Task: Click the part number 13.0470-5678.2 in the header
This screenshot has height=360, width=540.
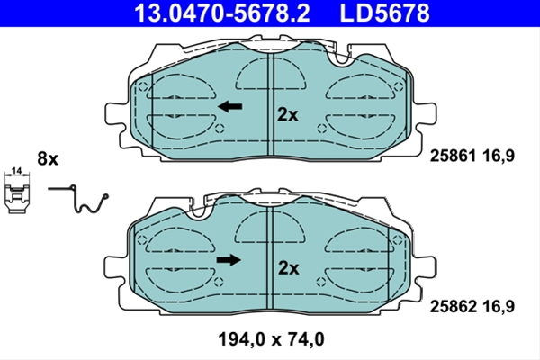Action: coord(222,13)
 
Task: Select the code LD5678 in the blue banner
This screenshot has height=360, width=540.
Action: coord(384,13)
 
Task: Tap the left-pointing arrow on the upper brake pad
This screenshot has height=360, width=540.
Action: coord(230,106)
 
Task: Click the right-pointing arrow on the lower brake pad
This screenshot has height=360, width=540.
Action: coord(229,260)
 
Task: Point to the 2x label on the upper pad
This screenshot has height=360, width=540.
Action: coord(288,115)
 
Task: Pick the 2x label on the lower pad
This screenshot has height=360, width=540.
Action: coord(289,268)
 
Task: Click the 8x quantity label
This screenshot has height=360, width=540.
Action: coord(48,159)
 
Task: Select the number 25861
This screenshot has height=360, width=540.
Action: coord(453,156)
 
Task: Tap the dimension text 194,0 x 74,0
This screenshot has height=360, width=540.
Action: coord(272,339)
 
